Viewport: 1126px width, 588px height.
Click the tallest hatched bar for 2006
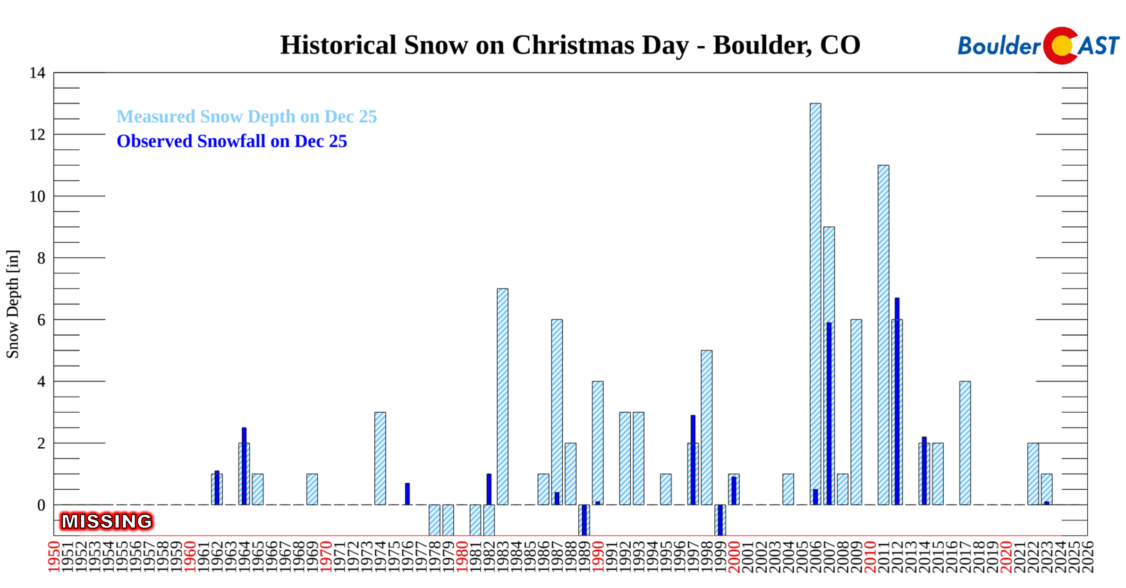tap(815, 302)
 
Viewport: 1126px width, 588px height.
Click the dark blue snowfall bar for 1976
tap(407, 494)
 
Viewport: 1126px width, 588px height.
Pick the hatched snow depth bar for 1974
tap(380, 458)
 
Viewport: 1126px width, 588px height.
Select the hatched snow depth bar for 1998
tap(706, 427)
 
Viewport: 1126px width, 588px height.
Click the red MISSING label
tap(107, 521)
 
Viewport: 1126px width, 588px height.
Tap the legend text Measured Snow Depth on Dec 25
tap(246, 117)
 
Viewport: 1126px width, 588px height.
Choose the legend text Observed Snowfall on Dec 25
tap(231, 141)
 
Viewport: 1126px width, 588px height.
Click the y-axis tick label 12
tap(37, 135)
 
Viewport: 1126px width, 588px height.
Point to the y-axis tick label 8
tap(41, 258)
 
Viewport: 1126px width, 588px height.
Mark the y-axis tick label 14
tap(37, 73)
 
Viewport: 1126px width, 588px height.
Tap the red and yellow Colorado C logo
tap(1061, 45)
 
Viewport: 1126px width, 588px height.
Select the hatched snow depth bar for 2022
tap(1033, 474)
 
